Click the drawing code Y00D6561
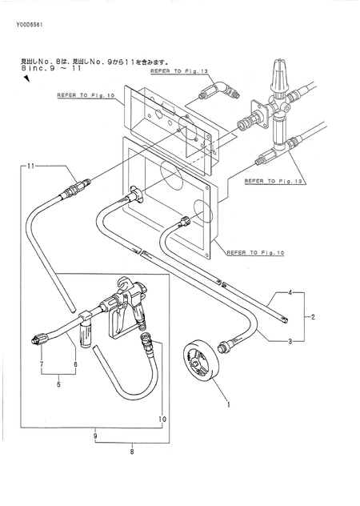30,24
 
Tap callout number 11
30,167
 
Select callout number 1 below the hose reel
229,404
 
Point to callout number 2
312,317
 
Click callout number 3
290,341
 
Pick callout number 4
290,293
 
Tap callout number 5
58,384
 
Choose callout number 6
76,364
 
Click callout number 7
42,364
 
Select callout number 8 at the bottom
132,452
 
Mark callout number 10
162,420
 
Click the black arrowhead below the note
26,78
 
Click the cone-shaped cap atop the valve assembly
278,75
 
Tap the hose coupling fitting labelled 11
76,188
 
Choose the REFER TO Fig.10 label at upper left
86,95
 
